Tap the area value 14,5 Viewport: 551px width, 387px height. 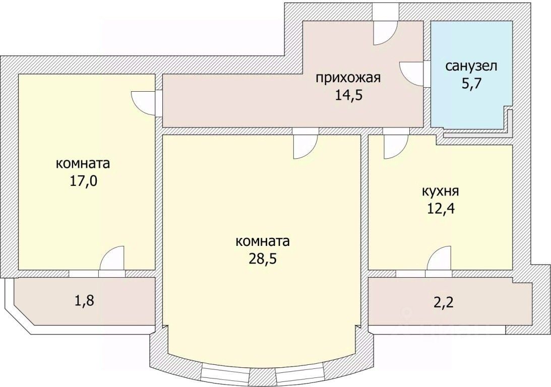tap(349, 95)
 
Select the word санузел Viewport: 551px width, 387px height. tap(471, 66)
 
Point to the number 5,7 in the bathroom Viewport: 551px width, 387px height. tap(471, 83)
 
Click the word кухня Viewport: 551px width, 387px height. tap(440, 191)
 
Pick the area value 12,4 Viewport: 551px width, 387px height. tap(440, 209)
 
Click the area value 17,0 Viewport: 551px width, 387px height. tap(83, 180)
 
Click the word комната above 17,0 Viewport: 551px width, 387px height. tap(83, 164)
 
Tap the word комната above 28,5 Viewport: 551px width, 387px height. tap(263, 241)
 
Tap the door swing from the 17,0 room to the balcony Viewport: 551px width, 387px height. tap(112, 260)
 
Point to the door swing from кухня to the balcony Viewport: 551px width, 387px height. tap(439, 259)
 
